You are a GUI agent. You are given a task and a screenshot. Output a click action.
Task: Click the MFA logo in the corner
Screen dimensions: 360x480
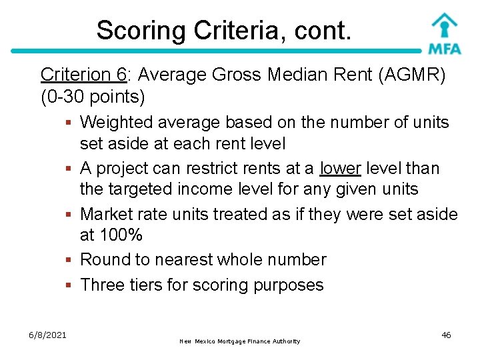pyautogui.click(x=445, y=33)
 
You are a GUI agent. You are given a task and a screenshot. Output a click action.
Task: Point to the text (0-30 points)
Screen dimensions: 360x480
pyautogui.click(x=93, y=97)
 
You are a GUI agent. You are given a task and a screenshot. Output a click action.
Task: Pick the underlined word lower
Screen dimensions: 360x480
pyautogui.click(x=340, y=169)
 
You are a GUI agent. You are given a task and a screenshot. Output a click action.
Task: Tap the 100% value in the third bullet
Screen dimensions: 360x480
pyautogui.click(x=120, y=235)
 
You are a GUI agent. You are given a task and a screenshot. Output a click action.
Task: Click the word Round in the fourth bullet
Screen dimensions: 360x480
pyautogui.click(x=103, y=260)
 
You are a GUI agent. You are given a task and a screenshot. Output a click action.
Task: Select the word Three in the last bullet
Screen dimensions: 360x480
pyautogui.click(x=100, y=285)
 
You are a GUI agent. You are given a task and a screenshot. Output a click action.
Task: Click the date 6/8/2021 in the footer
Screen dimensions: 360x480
pyautogui.click(x=47, y=335)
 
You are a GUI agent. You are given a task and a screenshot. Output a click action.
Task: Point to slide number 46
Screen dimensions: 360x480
pyautogui.click(x=446, y=335)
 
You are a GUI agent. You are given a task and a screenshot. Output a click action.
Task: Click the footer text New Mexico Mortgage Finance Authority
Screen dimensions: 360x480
pyautogui.click(x=240, y=341)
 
